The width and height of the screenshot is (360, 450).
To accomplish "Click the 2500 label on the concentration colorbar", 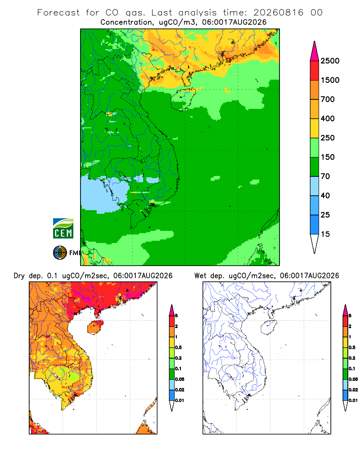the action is (x=330, y=61).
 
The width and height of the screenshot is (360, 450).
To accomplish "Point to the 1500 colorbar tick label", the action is (x=330, y=80).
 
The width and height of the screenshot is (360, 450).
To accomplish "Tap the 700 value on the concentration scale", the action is (x=328, y=99).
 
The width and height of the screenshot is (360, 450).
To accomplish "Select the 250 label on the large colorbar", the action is (x=328, y=138).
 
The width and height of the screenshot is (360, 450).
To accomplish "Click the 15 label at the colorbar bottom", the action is (x=325, y=234).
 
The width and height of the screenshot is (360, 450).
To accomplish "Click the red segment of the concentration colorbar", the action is (x=315, y=70).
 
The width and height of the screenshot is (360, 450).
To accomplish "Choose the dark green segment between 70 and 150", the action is (x=315, y=166).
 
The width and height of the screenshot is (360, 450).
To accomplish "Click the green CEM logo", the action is (x=63, y=228).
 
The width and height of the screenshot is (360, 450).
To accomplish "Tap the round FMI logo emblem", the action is (x=60, y=252).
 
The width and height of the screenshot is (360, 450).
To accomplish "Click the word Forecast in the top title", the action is (x=58, y=13).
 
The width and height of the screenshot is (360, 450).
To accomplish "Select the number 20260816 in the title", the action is (x=278, y=13).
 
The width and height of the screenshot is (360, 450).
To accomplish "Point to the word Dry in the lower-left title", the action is (x=19, y=276).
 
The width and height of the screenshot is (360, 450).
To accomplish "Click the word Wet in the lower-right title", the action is (x=200, y=276).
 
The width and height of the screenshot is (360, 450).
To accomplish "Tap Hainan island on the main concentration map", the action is (x=183, y=99).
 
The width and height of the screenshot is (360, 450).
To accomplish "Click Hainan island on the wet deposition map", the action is (x=268, y=327).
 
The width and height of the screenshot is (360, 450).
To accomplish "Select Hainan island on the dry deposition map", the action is (x=95, y=327).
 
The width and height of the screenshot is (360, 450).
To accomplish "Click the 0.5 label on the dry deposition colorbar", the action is (x=178, y=347).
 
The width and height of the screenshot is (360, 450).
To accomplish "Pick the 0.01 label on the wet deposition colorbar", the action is (x=353, y=400).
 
